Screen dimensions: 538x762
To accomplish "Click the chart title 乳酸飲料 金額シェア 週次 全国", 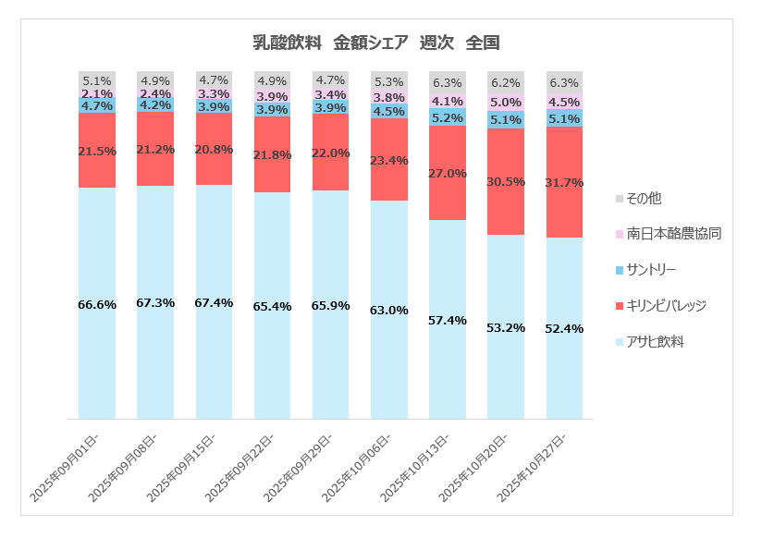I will [376, 42].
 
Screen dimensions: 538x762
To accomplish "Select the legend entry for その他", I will [644, 198].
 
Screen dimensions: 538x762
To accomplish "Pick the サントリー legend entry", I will [651, 269].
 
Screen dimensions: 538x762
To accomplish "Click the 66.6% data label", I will [97, 304].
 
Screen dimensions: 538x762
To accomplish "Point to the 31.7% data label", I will [565, 183].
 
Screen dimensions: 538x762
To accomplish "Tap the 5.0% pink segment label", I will [506, 103].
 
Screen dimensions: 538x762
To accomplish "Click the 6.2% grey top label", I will [506, 82].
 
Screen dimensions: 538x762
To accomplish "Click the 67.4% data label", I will [214, 303].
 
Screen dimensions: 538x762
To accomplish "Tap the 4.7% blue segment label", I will [97, 105].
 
